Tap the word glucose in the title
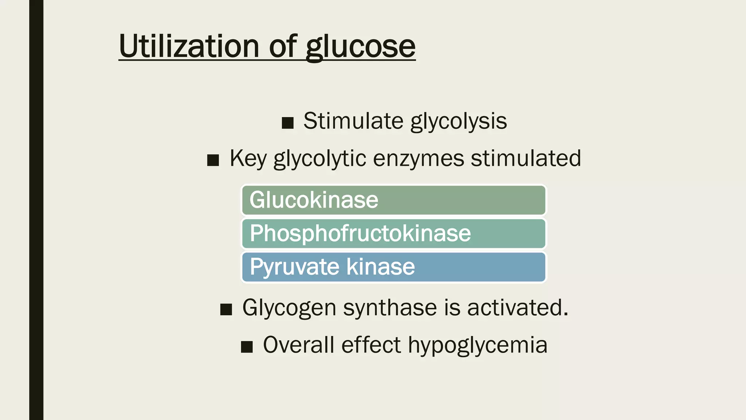[x=360, y=47]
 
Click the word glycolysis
[x=459, y=122]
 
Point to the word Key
[x=248, y=159]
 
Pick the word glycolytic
[x=320, y=159]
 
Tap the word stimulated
[x=526, y=159]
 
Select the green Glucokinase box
[x=393, y=200]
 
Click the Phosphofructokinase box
[x=393, y=233]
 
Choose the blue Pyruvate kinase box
[x=393, y=267]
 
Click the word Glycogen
[x=289, y=308]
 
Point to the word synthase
[x=390, y=308]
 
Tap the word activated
[x=517, y=308]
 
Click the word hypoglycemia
[x=478, y=346]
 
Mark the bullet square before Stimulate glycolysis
[x=288, y=123]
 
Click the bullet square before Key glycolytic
[x=213, y=160]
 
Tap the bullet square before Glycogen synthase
[x=226, y=310]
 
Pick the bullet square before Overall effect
[x=247, y=347]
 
